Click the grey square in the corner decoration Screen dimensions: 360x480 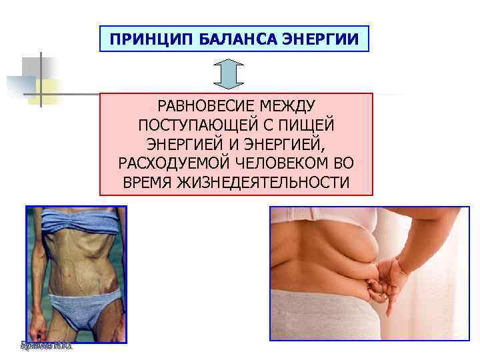coord(32,67)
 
